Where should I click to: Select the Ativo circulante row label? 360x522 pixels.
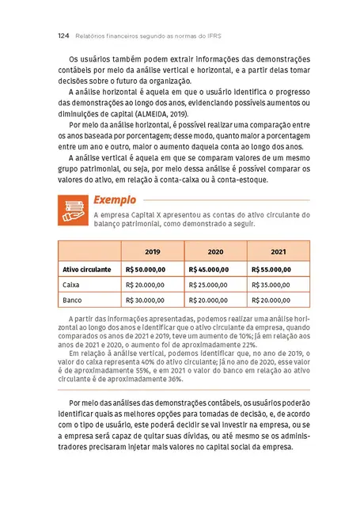[87, 269]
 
